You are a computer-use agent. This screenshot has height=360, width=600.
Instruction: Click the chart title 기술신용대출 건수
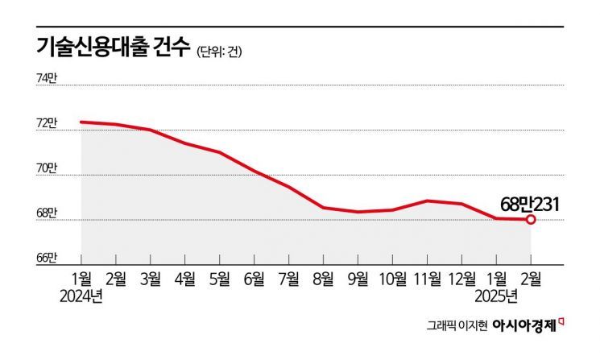click(x=113, y=48)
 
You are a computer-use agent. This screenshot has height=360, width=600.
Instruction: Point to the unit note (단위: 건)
click(x=219, y=52)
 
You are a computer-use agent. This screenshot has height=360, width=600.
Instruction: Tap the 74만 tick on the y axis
click(x=46, y=78)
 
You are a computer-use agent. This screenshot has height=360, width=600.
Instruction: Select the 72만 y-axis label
click(x=46, y=123)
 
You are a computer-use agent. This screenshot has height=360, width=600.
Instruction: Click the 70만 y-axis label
click(x=46, y=168)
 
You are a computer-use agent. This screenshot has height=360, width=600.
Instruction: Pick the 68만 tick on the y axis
click(x=46, y=213)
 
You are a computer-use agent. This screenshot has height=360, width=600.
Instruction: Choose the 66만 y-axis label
click(x=46, y=258)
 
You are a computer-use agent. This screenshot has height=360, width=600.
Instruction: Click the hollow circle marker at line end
click(x=531, y=219)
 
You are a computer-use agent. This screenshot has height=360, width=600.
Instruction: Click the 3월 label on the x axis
click(x=150, y=278)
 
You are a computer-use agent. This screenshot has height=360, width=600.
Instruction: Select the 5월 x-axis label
click(x=219, y=278)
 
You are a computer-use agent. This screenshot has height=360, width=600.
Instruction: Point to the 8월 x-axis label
click(x=323, y=278)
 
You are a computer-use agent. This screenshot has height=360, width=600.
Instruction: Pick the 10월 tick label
click(x=391, y=278)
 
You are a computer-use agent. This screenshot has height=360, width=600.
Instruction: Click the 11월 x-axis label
click(x=427, y=278)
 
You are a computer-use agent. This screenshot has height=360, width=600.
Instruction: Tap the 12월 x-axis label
click(x=461, y=278)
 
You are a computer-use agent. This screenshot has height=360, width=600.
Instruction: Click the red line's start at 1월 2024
click(x=81, y=122)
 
